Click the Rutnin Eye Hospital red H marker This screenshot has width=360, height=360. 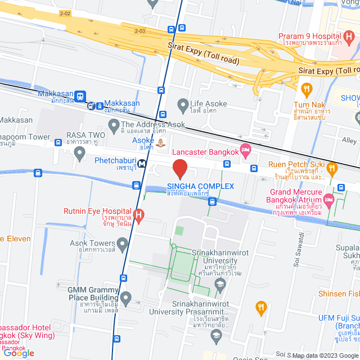[x=139, y=214]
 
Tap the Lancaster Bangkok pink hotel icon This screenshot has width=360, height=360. [x=245, y=150]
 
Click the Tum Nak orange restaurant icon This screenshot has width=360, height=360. [x=307, y=89]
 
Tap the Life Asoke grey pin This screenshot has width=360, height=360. [x=182, y=104]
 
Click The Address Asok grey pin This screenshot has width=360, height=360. [x=114, y=124]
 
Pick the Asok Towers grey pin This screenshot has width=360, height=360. [x=123, y=244]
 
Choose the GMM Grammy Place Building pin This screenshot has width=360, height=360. [x=125, y=297]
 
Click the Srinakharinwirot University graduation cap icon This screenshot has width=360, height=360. [x=220, y=285]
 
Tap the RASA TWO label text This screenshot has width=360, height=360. [x=85, y=135]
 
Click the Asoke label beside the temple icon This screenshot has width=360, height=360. [x=143, y=140]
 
